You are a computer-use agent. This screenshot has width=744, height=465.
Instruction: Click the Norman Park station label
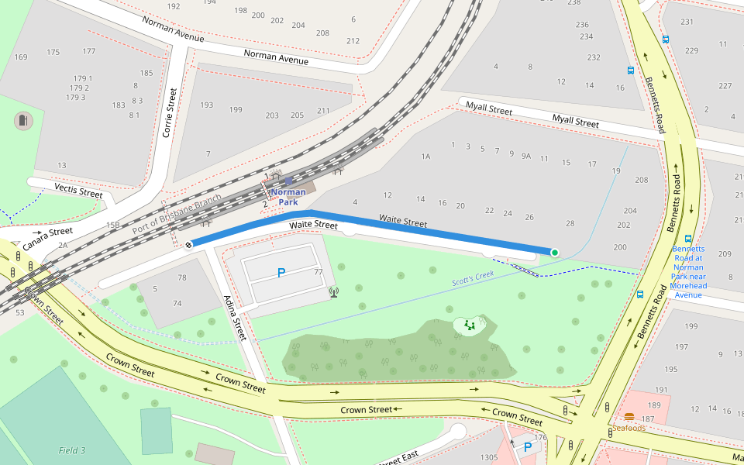288,197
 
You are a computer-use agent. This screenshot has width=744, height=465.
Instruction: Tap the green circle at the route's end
555,252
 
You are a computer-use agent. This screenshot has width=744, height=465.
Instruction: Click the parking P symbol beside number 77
281,273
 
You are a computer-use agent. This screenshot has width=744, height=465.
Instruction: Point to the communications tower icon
334,292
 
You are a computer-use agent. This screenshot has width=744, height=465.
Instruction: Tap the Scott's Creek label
473,279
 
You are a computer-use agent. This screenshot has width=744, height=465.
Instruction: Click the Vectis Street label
78,191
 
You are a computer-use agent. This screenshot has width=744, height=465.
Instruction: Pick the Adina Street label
234,318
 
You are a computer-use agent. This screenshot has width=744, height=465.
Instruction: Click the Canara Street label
47,237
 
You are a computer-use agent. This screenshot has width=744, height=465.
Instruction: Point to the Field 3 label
72,450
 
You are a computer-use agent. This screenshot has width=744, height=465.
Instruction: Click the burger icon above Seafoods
629,416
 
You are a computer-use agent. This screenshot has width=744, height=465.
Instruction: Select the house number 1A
425,157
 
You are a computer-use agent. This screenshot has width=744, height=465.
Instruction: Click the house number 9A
526,157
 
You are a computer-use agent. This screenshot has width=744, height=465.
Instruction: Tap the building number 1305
488,457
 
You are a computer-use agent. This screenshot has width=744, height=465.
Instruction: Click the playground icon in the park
470,326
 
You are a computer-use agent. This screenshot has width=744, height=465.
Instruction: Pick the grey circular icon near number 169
23,121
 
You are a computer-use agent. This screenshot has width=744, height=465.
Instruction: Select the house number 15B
113,225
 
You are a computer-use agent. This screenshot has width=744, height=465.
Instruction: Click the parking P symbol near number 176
528,447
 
